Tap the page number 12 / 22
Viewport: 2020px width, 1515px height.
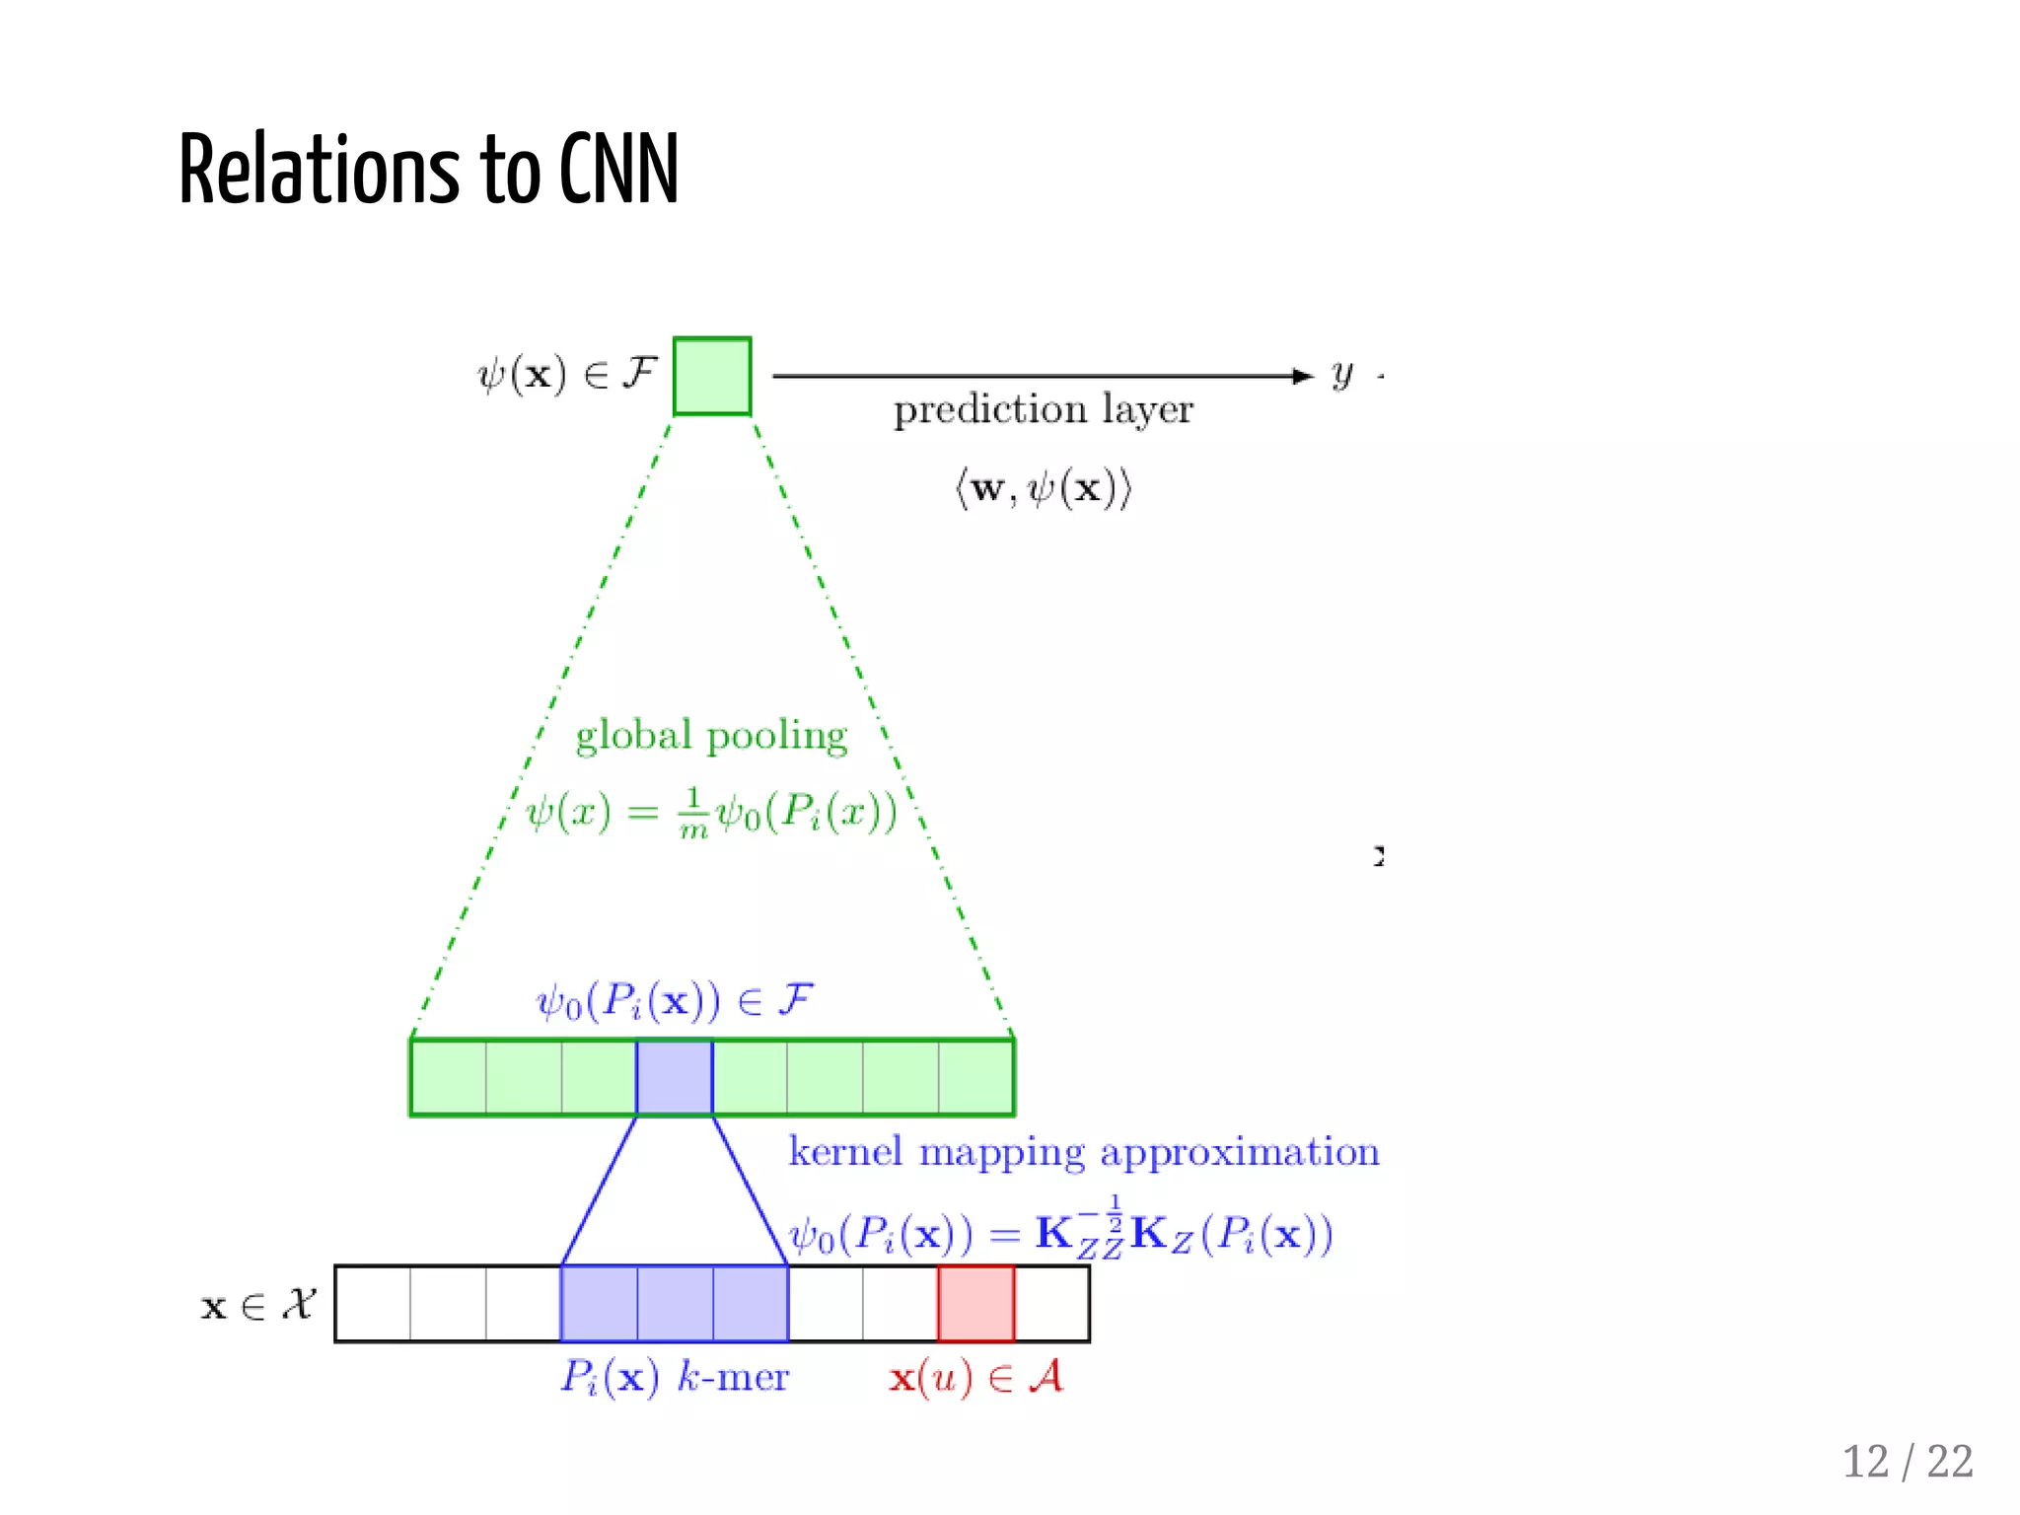[x=1907, y=1462]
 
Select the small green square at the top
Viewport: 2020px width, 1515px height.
[x=712, y=376]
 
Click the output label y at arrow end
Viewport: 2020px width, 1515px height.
[x=1341, y=374]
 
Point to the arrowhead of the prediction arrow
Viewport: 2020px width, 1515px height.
[x=1304, y=376]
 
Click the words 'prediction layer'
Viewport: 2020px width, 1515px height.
[x=1043, y=409]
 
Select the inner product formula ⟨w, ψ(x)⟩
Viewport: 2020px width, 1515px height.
[x=1043, y=488]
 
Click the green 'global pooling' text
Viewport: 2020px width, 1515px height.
[x=711, y=736]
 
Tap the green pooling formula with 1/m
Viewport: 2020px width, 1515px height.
[x=711, y=814]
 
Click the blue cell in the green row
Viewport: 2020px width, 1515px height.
[x=675, y=1077]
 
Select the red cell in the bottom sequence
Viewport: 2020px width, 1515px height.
[x=975, y=1304]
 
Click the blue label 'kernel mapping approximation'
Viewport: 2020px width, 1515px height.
[x=1083, y=1152]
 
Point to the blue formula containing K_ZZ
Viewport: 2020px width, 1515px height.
[x=1060, y=1233]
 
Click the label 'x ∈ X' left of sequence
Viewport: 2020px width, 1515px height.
[x=257, y=1305]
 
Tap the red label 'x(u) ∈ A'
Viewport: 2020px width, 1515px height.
[x=975, y=1377]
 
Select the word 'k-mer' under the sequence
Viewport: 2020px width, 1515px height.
[x=733, y=1377]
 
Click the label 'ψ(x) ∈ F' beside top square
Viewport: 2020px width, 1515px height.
[x=567, y=375]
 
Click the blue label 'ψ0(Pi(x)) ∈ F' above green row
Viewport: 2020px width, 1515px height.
[x=675, y=1001]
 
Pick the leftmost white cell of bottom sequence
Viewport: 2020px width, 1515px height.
[x=373, y=1304]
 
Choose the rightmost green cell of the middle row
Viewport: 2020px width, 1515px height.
[x=975, y=1077]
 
